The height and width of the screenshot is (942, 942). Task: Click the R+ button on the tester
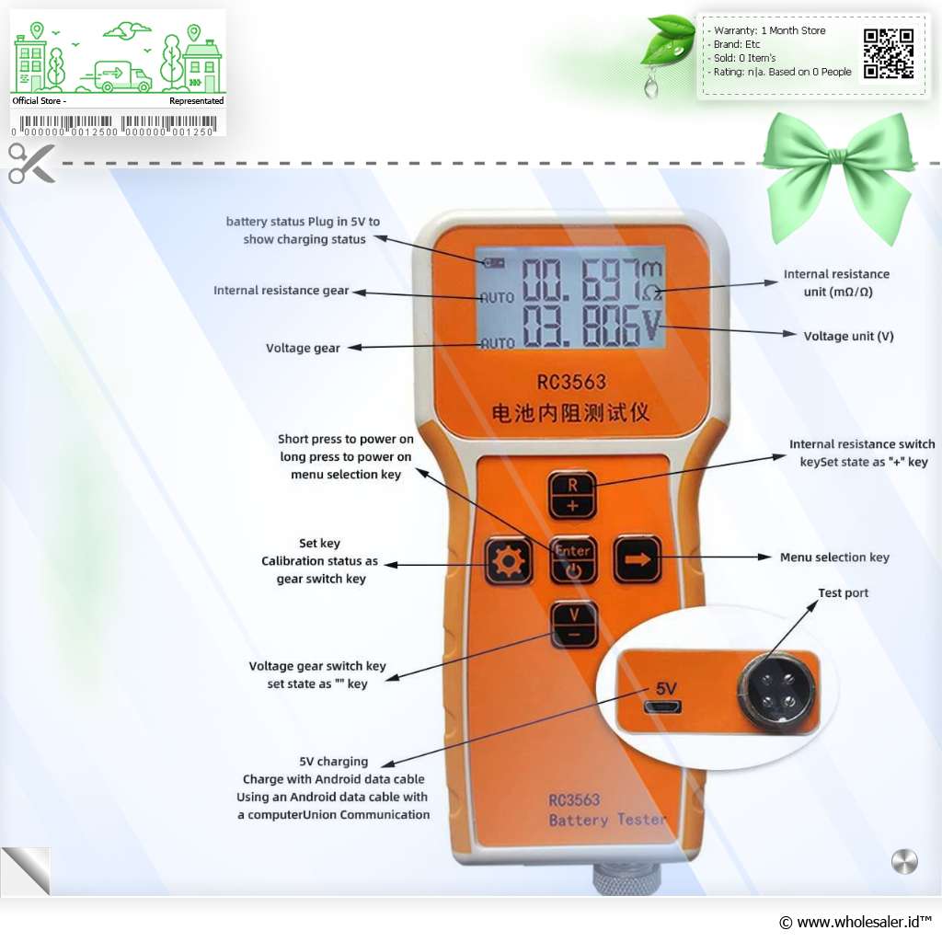click(572, 494)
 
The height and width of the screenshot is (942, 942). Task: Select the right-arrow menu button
click(638, 558)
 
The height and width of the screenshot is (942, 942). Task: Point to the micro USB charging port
click(662, 707)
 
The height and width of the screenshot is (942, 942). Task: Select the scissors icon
click(31, 163)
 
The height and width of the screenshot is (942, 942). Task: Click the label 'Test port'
click(843, 593)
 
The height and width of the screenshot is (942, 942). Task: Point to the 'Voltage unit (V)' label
click(848, 337)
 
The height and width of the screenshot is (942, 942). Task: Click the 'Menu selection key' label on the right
click(834, 557)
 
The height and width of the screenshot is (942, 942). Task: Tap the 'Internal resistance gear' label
click(281, 291)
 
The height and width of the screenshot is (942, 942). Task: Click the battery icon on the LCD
click(494, 262)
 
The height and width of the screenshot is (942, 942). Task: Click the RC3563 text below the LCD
click(571, 380)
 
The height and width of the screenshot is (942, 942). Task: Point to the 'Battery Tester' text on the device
click(607, 819)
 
